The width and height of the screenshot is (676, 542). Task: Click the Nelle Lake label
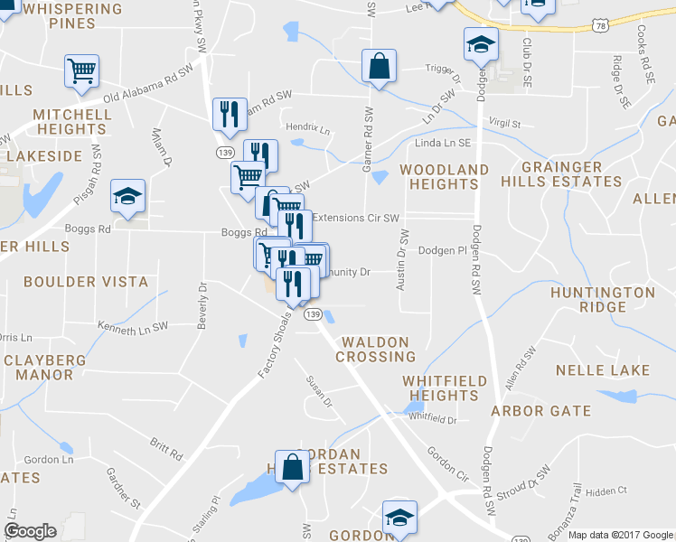click(x=602, y=370)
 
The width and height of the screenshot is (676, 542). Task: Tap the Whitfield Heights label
click(x=444, y=388)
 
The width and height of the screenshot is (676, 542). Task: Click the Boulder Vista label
click(x=86, y=282)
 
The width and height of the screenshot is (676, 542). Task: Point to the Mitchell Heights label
click(x=72, y=123)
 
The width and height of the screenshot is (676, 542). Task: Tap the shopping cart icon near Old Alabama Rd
click(x=81, y=70)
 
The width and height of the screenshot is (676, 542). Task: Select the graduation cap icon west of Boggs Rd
click(x=128, y=196)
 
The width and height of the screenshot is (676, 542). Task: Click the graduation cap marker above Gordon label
click(x=399, y=518)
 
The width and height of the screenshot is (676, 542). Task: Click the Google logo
click(x=30, y=531)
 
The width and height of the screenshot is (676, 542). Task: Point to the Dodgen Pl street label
click(x=441, y=250)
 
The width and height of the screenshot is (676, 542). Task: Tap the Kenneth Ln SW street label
click(x=133, y=325)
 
